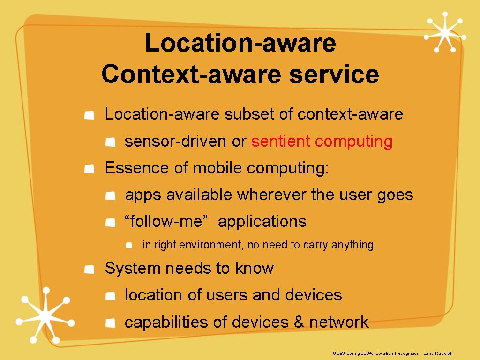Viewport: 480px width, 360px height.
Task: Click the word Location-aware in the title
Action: point(240,43)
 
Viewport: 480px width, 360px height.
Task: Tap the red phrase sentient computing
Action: point(322,141)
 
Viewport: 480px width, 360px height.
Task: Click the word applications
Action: point(262,221)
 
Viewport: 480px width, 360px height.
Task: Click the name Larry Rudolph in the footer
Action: point(438,353)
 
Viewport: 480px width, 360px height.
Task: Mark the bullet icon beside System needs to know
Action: point(89,269)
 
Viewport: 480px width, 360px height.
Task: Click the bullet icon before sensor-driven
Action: point(110,142)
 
